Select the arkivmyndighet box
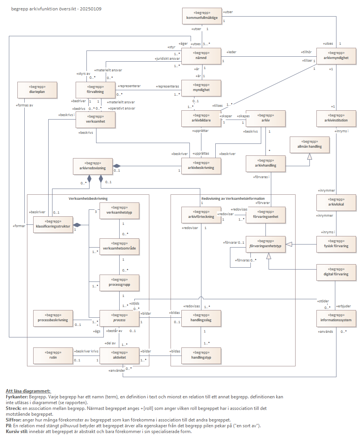tap(336, 56)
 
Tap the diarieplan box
tap(37, 90)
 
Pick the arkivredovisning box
tap(93, 167)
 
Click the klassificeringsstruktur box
tap(53, 224)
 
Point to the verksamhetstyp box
tap(119, 211)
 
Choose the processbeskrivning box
tap(53, 318)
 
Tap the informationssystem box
tap(336, 318)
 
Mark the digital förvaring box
tap(336, 272)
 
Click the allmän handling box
tap(309, 145)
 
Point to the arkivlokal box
tap(336, 202)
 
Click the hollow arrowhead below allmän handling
tap(309, 156)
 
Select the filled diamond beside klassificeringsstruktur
tap(77, 225)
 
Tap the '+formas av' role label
tap(24, 105)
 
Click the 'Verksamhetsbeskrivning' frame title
tap(88, 198)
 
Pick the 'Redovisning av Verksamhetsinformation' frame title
tap(233, 198)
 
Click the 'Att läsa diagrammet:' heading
tap(28, 391)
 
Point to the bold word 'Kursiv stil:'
tap(17, 431)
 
